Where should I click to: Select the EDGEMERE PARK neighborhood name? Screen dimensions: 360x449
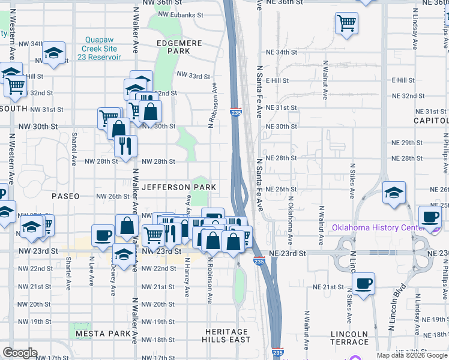click(x=173, y=47)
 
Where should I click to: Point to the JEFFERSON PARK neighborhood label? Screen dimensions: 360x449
click(x=178, y=187)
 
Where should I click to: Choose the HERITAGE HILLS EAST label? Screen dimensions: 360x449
click(x=226, y=335)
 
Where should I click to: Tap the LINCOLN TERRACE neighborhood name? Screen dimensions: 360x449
click(x=350, y=338)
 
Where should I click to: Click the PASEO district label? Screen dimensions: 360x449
click(x=65, y=196)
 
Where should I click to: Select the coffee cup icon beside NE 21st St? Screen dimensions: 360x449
click(x=363, y=283)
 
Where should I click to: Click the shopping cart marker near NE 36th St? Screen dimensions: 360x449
click(x=347, y=23)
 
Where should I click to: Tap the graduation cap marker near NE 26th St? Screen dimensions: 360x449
click(x=394, y=193)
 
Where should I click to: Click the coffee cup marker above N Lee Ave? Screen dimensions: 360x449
click(x=103, y=235)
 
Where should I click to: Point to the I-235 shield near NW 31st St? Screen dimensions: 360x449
click(x=236, y=112)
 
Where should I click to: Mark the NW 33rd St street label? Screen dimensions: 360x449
click(x=193, y=76)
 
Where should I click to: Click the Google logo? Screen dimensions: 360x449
click(x=20, y=353)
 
